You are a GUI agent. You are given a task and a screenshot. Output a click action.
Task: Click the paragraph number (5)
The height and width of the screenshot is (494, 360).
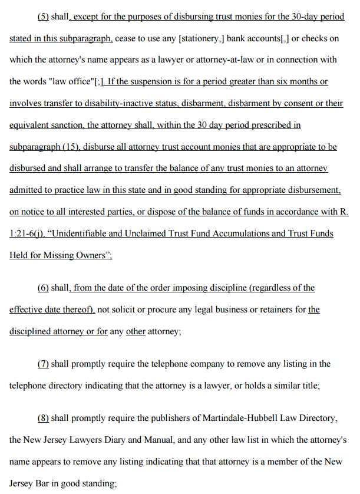click(43, 17)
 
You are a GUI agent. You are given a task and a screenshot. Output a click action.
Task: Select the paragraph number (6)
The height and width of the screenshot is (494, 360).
click(43, 288)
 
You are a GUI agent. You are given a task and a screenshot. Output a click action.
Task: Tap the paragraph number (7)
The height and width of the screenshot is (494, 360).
click(43, 364)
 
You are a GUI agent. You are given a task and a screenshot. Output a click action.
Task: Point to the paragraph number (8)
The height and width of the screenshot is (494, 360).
click(43, 418)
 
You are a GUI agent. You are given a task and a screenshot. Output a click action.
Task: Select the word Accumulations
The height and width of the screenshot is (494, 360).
click(224, 234)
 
